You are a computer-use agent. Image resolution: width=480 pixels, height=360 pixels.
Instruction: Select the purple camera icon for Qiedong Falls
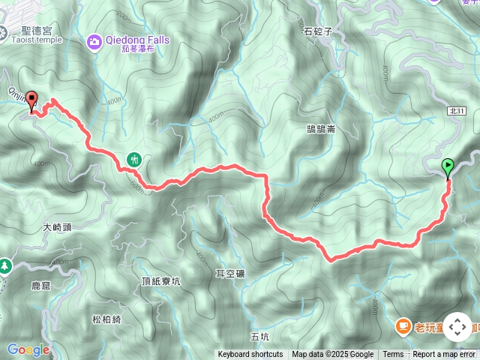(95, 40)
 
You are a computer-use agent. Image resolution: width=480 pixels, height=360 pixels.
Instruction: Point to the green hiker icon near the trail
(135, 159)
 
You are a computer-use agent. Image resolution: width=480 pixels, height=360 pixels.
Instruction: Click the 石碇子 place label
(318, 31)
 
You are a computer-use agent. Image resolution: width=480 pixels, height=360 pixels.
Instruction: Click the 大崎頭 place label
(57, 226)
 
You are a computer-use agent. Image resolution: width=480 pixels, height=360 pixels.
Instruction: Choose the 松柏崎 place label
(106, 319)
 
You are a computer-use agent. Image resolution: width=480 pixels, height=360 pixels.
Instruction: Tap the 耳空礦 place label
(229, 274)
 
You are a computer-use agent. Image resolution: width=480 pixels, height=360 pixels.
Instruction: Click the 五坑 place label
(259, 337)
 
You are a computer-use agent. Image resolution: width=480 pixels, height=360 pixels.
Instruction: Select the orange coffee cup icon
(403, 325)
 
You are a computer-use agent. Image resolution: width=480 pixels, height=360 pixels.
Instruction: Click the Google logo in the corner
(28, 349)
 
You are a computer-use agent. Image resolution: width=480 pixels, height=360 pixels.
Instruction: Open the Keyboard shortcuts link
(250, 355)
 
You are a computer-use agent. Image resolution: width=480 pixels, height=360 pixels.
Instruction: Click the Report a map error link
(443, 355)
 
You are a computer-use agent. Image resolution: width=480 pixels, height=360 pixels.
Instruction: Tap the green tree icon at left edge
(4, 265)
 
